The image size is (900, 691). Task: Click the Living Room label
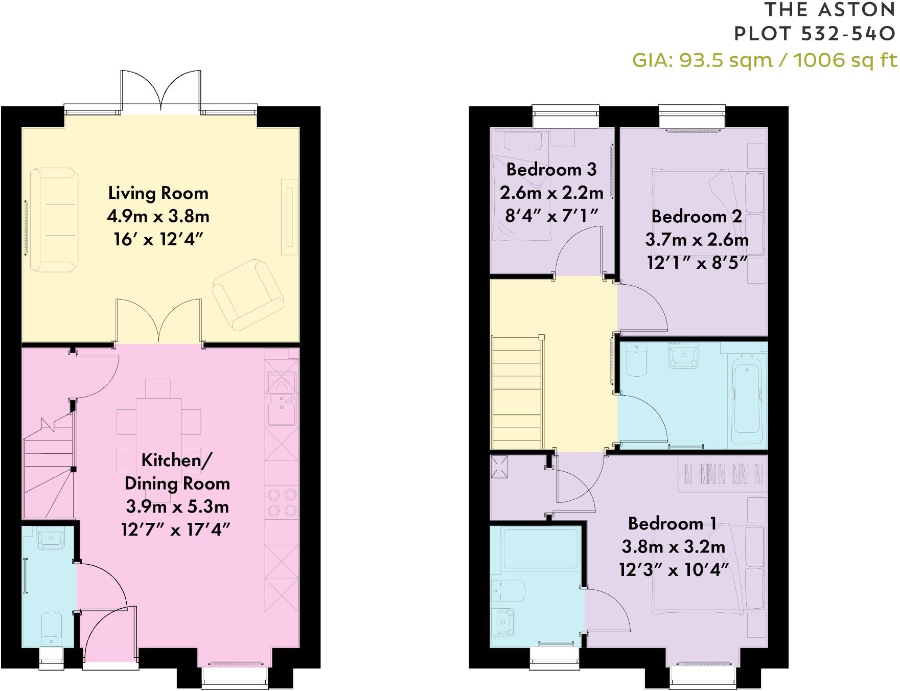point(158,193)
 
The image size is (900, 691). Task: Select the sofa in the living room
point(54,219)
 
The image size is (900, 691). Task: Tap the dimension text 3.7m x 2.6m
point(697,239)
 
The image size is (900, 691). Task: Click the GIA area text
point(765,60)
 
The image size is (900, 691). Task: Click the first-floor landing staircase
point(517,391)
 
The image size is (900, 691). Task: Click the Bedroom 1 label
point(672,523)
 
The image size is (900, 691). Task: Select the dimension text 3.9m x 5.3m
point(177,506)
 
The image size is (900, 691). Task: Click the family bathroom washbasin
point(683,356)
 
